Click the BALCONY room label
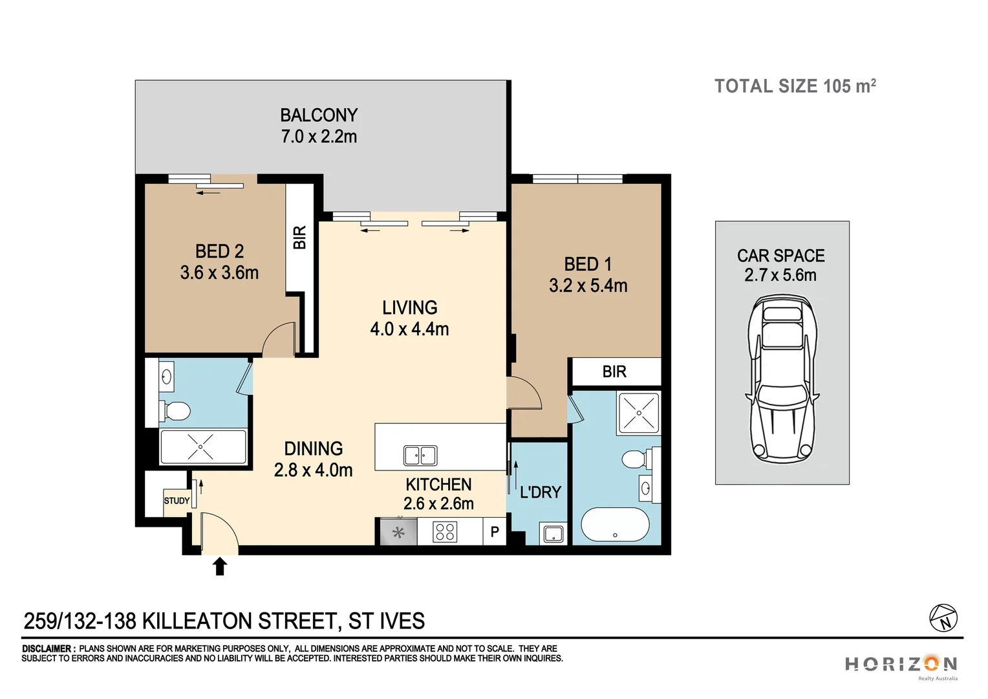pos(319,115)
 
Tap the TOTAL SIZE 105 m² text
pos(795,86)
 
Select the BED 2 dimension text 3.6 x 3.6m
pos(219,273)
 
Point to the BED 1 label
pos(588,264)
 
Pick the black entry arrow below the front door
pos(220,566)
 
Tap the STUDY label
pos(177,501)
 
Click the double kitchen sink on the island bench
pos(420,456)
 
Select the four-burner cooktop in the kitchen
pos(445,532)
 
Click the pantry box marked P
pos(495,532)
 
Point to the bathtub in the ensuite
pos(615,525)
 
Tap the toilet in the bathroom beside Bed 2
pos(175,410)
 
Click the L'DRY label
pos(541,493)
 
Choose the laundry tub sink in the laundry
pos(553,534)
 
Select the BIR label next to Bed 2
pos(299,238)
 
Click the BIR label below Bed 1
pos(614,372)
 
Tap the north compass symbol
pos(943,618)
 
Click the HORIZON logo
pos(901,664)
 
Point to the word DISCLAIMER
pos(48,649)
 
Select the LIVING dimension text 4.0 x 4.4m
pos(409,329)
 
